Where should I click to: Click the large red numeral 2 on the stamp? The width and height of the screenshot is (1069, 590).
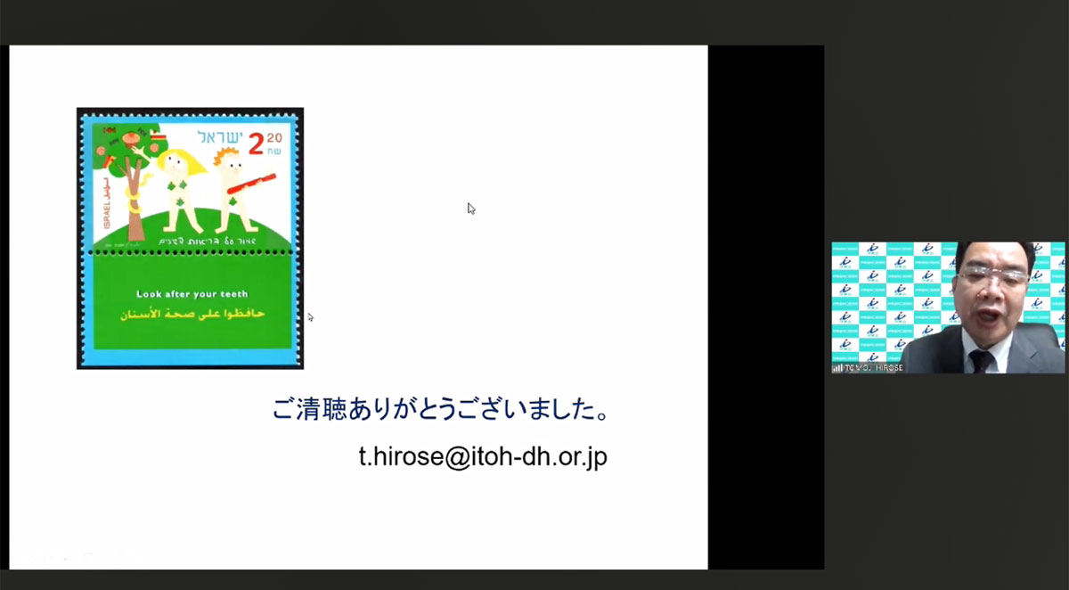(257, 143)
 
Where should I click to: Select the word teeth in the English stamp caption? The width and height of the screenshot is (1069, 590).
(233, 294)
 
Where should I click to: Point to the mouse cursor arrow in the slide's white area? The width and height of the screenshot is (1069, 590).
(470, 208)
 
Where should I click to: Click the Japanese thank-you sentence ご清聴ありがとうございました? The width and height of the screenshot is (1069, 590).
(441, 412)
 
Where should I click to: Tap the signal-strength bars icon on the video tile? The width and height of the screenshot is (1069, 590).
(837, 367)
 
